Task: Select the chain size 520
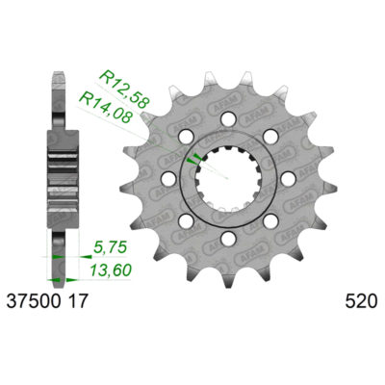[x=356, y=301]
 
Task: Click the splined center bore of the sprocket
[x=228, y=178]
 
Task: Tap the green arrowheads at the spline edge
[x=196, y=157]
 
